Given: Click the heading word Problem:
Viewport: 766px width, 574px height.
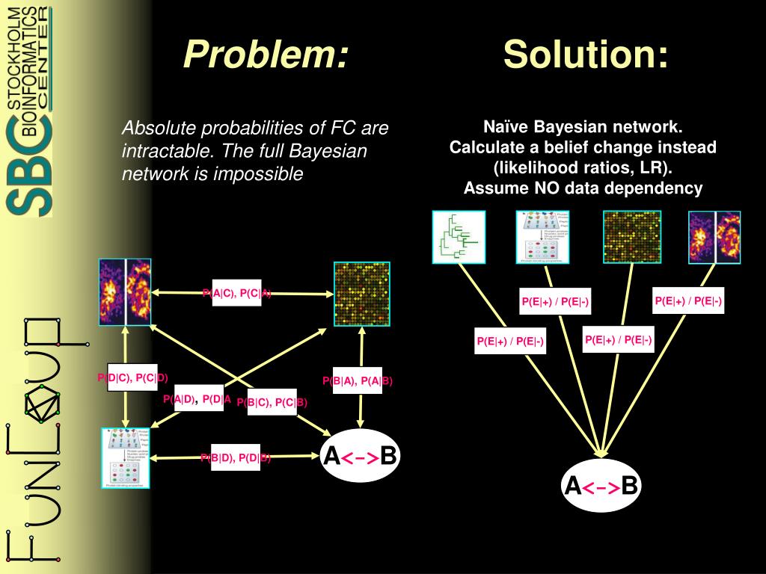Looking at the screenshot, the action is pos(266,54).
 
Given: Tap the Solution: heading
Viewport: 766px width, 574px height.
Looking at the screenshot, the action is pos(585,54).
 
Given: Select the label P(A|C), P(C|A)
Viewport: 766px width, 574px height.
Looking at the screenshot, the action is pos(237,293).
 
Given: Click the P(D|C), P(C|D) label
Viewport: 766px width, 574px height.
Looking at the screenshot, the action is pos(132,377).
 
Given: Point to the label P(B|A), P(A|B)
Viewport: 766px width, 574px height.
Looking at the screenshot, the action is pos(358,381).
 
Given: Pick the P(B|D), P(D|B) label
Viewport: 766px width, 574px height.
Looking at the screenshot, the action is pos(236,458).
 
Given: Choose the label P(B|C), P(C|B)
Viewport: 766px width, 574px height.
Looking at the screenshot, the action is pos(272,403).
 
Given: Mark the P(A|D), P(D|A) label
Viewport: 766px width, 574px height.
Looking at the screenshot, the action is pos(197,399).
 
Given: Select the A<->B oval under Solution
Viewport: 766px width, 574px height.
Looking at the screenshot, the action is pos(601,487).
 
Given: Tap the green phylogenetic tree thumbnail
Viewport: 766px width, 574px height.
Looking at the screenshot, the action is pos(459,237).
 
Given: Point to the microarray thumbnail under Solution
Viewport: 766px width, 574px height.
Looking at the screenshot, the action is pos(632,237).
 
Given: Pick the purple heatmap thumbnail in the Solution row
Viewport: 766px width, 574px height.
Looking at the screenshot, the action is pos(714,237).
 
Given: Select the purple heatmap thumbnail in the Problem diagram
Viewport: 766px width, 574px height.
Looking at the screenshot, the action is pos(125,291).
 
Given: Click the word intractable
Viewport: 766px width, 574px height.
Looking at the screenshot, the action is pos(159,151).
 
